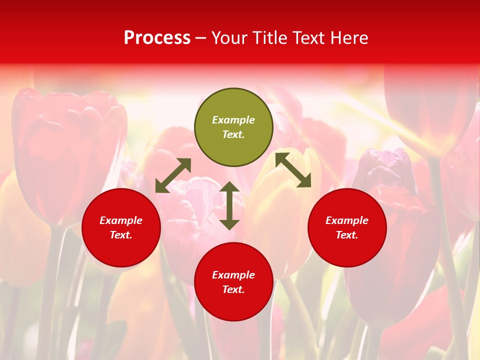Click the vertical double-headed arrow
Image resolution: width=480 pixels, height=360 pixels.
tap(229, 205)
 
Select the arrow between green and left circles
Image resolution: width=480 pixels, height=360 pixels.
tap(173, 175)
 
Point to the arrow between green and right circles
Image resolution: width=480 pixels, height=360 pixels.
tap(293, 170)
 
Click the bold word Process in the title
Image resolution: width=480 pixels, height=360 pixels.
tap(157, 37)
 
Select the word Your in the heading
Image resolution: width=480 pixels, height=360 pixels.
tap(229, 37)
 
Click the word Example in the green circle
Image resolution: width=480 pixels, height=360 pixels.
tap(233, 120)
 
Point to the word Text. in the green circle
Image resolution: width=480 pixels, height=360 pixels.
tap(233, 134)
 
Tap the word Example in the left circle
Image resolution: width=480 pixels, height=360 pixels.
tap(121, 220)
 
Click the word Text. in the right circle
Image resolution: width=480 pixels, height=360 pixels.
tap(347, 235)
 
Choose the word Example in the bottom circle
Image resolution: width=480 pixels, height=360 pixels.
tap(233, 275)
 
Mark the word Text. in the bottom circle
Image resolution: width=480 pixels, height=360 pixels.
tap(233, 289)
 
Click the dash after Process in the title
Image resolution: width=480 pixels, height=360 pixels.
tap(200, 38)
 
